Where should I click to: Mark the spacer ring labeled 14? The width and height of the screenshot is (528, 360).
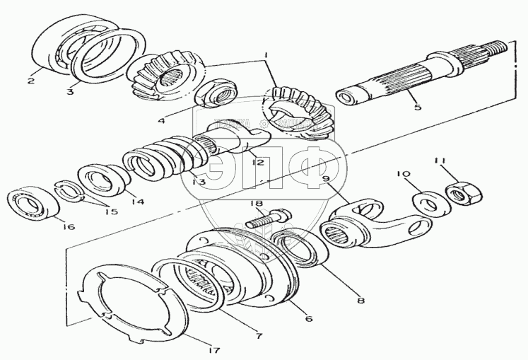(x=102, y=180)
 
